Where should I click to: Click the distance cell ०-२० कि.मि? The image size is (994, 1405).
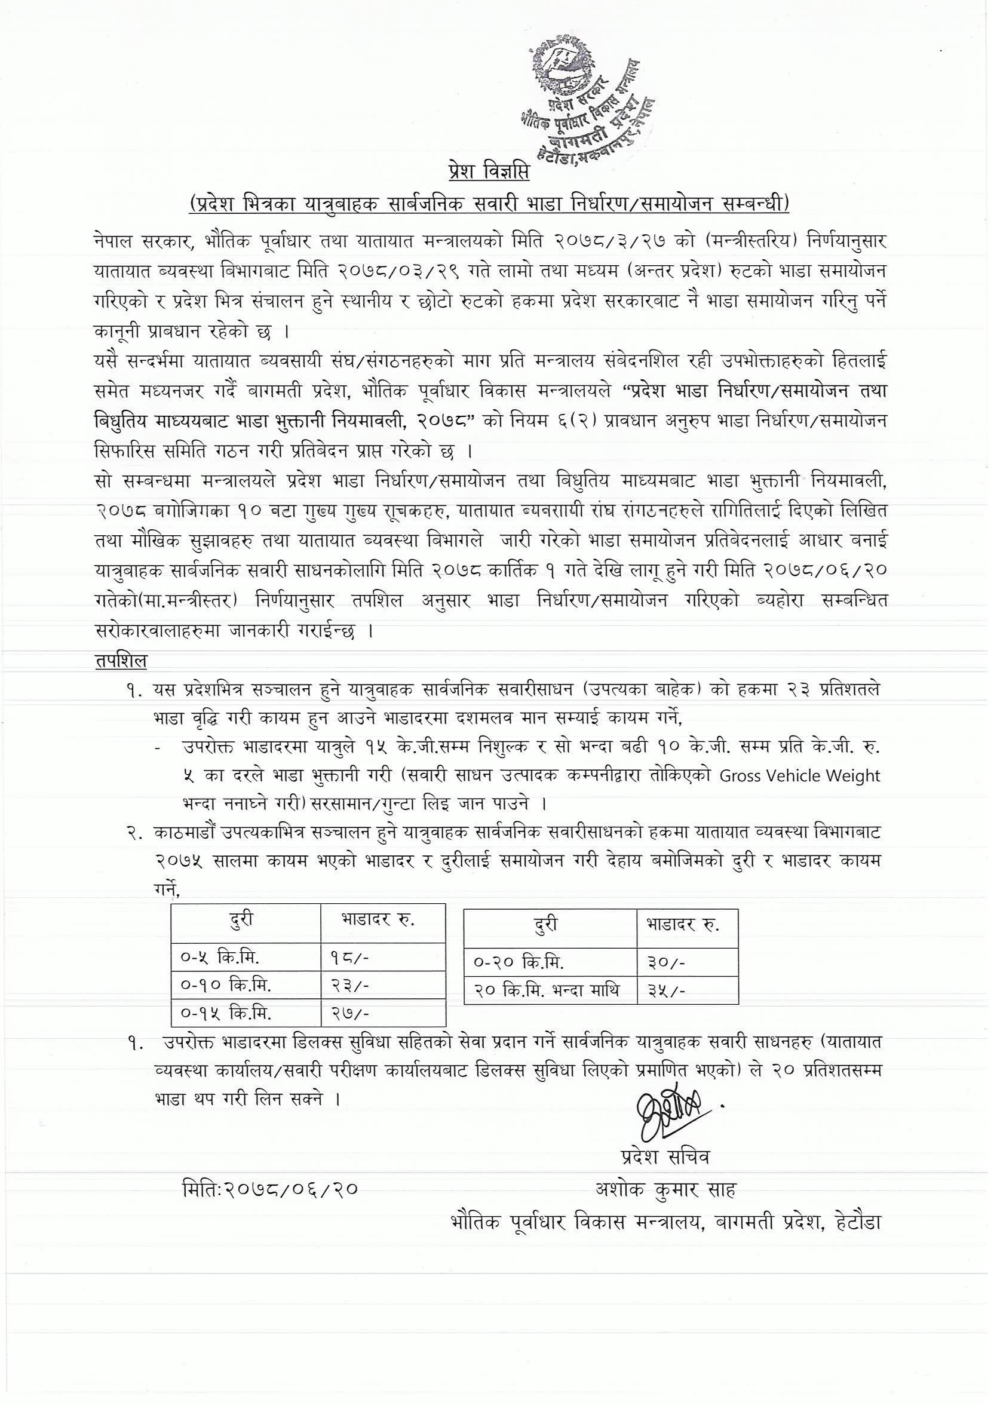[x=519, y=962]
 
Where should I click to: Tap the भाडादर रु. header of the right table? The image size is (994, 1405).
[x=681, y=924]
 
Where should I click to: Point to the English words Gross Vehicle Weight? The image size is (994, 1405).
[x=799, y=776]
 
